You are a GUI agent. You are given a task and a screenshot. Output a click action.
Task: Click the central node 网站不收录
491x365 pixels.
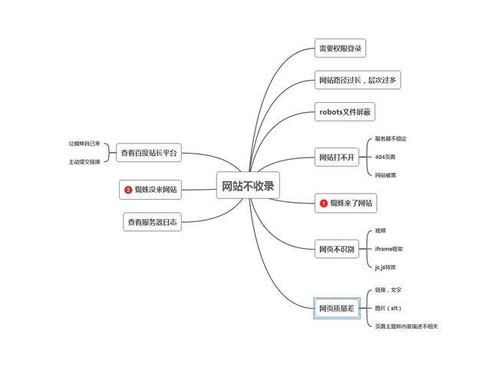click(248, 185)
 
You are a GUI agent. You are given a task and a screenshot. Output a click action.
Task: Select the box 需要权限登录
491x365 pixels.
click(341, 48)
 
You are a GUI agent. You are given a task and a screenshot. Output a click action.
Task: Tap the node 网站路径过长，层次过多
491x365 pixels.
click(358, 80)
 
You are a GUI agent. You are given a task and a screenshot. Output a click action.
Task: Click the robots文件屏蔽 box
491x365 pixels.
click(345, 112)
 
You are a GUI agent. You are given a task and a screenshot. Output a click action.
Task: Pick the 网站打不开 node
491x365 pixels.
click(338, 158)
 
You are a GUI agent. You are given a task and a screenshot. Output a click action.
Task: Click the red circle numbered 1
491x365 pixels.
click(324, 204)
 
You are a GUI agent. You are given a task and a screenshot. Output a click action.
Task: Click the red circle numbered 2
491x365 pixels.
click(128, 189)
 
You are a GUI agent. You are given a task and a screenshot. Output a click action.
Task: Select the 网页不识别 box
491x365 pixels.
click(338, 249)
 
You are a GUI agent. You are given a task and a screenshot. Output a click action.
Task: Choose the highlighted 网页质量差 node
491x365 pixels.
click(337, 308)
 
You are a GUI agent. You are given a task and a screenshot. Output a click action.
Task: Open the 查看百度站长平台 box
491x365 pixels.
click(149, 153)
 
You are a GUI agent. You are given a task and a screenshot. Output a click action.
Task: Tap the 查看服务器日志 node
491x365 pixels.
click(152, 223)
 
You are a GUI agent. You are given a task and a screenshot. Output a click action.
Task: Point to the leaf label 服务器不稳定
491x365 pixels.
click(390, 139)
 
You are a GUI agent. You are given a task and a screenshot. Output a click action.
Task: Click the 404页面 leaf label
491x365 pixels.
click(385, 157)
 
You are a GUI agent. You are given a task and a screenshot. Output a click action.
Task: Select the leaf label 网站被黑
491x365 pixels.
click(385, 174)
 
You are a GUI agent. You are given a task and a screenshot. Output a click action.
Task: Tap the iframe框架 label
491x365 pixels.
click(389, 249)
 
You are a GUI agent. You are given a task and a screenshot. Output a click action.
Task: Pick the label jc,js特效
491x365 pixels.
click(386, 267)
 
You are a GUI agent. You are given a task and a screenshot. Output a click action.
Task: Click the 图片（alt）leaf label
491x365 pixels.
click(388, 308)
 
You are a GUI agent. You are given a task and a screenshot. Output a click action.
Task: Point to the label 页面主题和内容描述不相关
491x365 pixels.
click(407, 327)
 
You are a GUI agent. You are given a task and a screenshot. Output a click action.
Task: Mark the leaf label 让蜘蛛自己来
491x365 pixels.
click(84, 144)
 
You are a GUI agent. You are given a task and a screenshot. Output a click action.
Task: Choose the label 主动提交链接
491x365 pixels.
click(84, 162)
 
